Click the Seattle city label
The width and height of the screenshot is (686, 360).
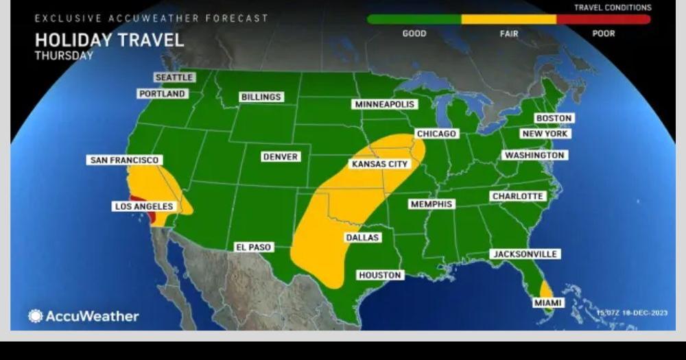(174, 77)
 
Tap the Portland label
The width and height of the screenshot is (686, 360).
(163, 93)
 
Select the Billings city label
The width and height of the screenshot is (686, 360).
(261, 97)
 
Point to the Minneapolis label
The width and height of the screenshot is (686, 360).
(385, 104)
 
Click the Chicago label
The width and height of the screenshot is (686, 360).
(436, 134)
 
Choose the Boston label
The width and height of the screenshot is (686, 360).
(554, 118)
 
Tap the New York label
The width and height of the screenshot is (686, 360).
(545, 134)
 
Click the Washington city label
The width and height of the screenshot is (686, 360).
(534, 156)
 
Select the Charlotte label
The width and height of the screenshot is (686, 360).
(518, 196)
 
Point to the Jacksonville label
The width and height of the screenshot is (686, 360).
(525, 254)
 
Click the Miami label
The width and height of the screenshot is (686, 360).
(547, 302)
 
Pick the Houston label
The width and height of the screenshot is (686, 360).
(380, 275)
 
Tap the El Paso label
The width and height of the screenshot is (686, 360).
(254, 247)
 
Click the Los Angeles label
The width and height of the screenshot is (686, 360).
(144, 206)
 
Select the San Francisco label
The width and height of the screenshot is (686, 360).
(125, 160)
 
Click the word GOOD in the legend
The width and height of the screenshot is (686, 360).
(414, 34)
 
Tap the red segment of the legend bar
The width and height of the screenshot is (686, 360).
(603, 19)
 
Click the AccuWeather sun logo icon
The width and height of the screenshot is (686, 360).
(35, 316)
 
